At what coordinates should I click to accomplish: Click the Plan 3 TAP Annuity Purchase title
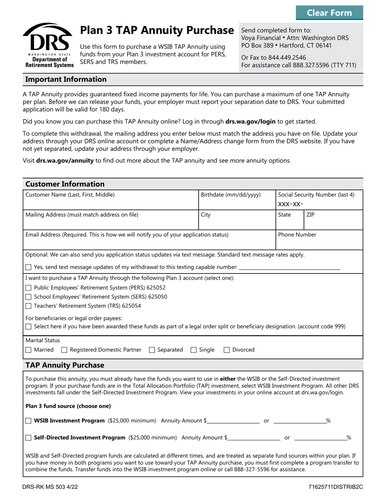point(157,30)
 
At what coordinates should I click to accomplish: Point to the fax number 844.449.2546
point(287,57)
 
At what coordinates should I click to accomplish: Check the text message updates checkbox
point(28,267)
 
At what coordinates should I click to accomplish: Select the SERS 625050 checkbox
point(28,297)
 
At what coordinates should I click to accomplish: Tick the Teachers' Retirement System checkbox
point(28,306)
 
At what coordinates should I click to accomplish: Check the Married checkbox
point(28,350)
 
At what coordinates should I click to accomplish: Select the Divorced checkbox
point(226,350)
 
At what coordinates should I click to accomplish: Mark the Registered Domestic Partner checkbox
point(64,350)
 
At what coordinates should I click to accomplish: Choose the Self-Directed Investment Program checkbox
point(28,438)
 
